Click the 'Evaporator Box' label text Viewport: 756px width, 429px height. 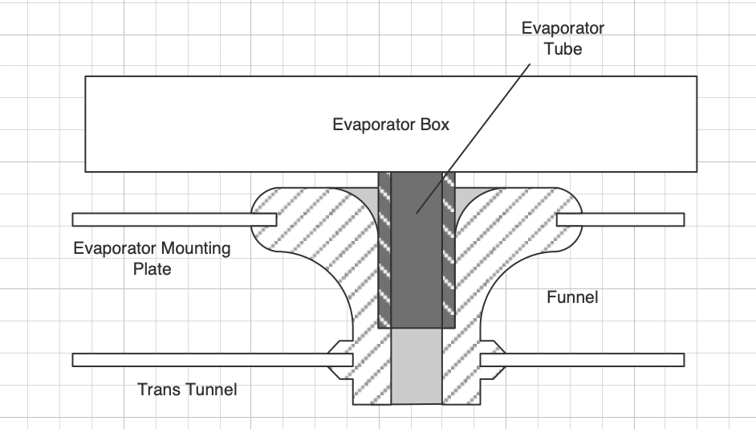coord(391,125)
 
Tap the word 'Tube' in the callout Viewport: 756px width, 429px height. coord(563,49)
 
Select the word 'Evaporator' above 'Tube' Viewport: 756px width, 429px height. coord(563,28)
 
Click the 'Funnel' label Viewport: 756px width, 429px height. coord(572,297)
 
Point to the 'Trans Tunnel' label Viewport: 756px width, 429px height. coord(187,390)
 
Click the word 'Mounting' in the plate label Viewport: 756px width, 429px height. coord(196,248)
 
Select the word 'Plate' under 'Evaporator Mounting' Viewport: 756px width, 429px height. coord(152,269)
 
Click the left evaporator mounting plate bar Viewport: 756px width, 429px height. coord(174,219)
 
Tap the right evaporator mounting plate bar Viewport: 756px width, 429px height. coord(620,219)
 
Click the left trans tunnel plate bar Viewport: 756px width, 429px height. coord(213,360)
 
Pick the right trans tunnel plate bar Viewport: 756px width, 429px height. coord(583,360)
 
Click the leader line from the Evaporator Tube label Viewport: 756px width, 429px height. coord(474,138)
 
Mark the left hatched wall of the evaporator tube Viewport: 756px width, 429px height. coord(384,250)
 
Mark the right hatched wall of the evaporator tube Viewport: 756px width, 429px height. coord(449,250)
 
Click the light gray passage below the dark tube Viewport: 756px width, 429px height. coord(417,366)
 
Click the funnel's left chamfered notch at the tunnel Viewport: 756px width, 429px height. coord(340,360)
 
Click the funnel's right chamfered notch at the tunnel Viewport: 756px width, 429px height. coord(493,360)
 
